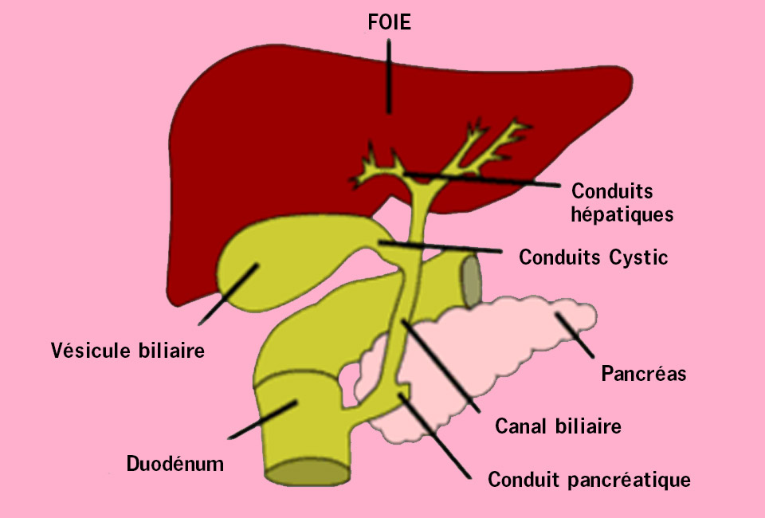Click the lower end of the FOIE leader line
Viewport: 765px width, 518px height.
pyautogui.click(x=389, y=112)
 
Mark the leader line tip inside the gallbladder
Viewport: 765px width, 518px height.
pyautogui.click(x=257, y=265)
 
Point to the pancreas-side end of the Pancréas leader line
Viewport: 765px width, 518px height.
pyautogui.click(x=557, y=315)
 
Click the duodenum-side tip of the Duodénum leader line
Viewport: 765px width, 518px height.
pyautogui.click(x=296, y=402)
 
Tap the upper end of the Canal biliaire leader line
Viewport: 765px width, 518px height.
pyautogui.click(x=403, y=321)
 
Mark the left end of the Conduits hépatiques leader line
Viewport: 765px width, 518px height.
pyautogui.click(x=405, y=173)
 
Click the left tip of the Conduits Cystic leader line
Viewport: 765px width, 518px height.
pyautogui.click(x=380, y=242)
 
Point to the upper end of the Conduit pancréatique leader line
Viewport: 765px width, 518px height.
pyautogui.click(x=401, y=394)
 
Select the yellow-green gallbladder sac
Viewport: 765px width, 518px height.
pyautogui.click(x=273, y=264)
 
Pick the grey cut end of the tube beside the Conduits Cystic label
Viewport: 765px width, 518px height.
pyautogui.click(x=471, y=282)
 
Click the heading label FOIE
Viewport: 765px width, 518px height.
pyautogui.click(x=390, y=22)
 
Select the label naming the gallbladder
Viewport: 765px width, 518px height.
pyautogui.click(x=127, y=350)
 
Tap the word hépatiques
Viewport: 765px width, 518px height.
pyautogui.click(x=622, y=214)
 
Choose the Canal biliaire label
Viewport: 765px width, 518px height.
pyautogui.click(x=558, y=426)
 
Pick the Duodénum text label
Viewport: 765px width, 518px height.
pyautogui.click(x=175, y=463)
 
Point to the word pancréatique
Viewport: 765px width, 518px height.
pyautogui.click(x=630, y=480)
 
